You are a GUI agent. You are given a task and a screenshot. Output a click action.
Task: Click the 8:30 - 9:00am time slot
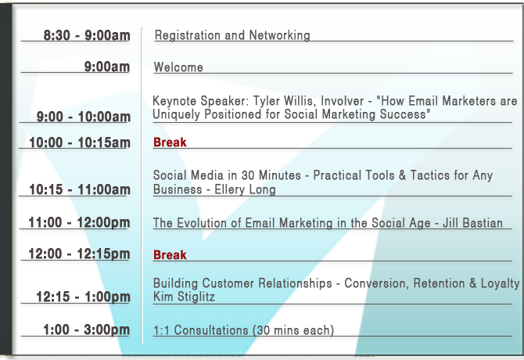click(87, 35)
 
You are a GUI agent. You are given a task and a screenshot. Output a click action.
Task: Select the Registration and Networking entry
click(232, 35)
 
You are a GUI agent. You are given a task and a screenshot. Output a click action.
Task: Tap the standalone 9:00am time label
click(107, 67)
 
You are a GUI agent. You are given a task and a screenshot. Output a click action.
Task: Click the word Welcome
click(178, 67)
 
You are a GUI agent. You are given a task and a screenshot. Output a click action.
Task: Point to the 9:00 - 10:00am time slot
click(83, 117)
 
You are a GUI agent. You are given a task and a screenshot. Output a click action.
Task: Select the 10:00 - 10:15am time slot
click(80, 142)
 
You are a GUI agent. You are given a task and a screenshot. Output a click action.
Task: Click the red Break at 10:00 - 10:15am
click(170, 142)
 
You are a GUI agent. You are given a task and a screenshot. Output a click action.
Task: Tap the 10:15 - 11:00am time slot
click(80, 189)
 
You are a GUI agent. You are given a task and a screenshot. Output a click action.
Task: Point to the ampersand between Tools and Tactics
click(402, 175)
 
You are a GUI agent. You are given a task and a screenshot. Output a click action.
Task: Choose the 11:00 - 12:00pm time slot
click(79, 222)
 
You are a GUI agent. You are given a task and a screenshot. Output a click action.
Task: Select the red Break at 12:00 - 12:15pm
click(170, 254)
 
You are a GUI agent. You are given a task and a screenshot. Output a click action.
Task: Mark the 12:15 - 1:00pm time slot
click(83, 297)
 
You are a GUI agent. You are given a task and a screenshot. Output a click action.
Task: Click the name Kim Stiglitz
click(184, 297)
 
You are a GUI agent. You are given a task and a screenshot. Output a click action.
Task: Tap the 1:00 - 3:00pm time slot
click(87, 329)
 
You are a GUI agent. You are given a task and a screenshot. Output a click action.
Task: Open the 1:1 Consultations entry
click(243, 330)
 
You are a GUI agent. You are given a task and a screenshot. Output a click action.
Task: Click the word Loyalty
click(501, 283)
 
